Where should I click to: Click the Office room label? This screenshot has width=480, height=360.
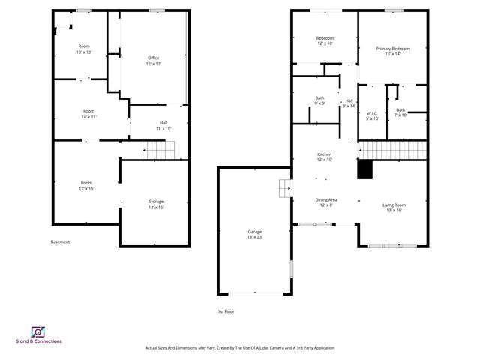click(154, 61)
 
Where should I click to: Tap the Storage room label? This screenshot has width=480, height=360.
click(156, 204)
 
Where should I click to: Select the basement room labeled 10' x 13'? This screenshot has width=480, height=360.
click(83, 49)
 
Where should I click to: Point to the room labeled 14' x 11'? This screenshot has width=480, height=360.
click(88, 114)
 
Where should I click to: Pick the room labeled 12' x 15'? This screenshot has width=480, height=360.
click(86, 185)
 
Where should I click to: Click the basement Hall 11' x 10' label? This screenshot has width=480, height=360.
click(163, 126)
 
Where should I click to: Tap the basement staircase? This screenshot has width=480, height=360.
click(158, 150)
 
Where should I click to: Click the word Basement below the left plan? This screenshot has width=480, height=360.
click(60, 241)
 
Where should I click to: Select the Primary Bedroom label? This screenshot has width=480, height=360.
click(392, 52)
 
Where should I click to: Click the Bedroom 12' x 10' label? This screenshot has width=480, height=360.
click(325, 40)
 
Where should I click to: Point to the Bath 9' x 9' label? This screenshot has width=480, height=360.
click(319, 100)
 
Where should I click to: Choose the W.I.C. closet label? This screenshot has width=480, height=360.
click(372, 116)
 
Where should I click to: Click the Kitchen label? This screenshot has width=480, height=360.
click(324, 157)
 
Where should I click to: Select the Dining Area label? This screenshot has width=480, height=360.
click(325, 202)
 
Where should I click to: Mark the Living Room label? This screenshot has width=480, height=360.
click(393, 207)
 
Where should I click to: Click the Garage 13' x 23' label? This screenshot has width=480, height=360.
click(255, 234)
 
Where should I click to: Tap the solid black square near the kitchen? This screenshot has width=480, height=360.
click(364, 170)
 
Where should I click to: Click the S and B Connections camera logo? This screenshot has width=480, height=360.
click(37, 331)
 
